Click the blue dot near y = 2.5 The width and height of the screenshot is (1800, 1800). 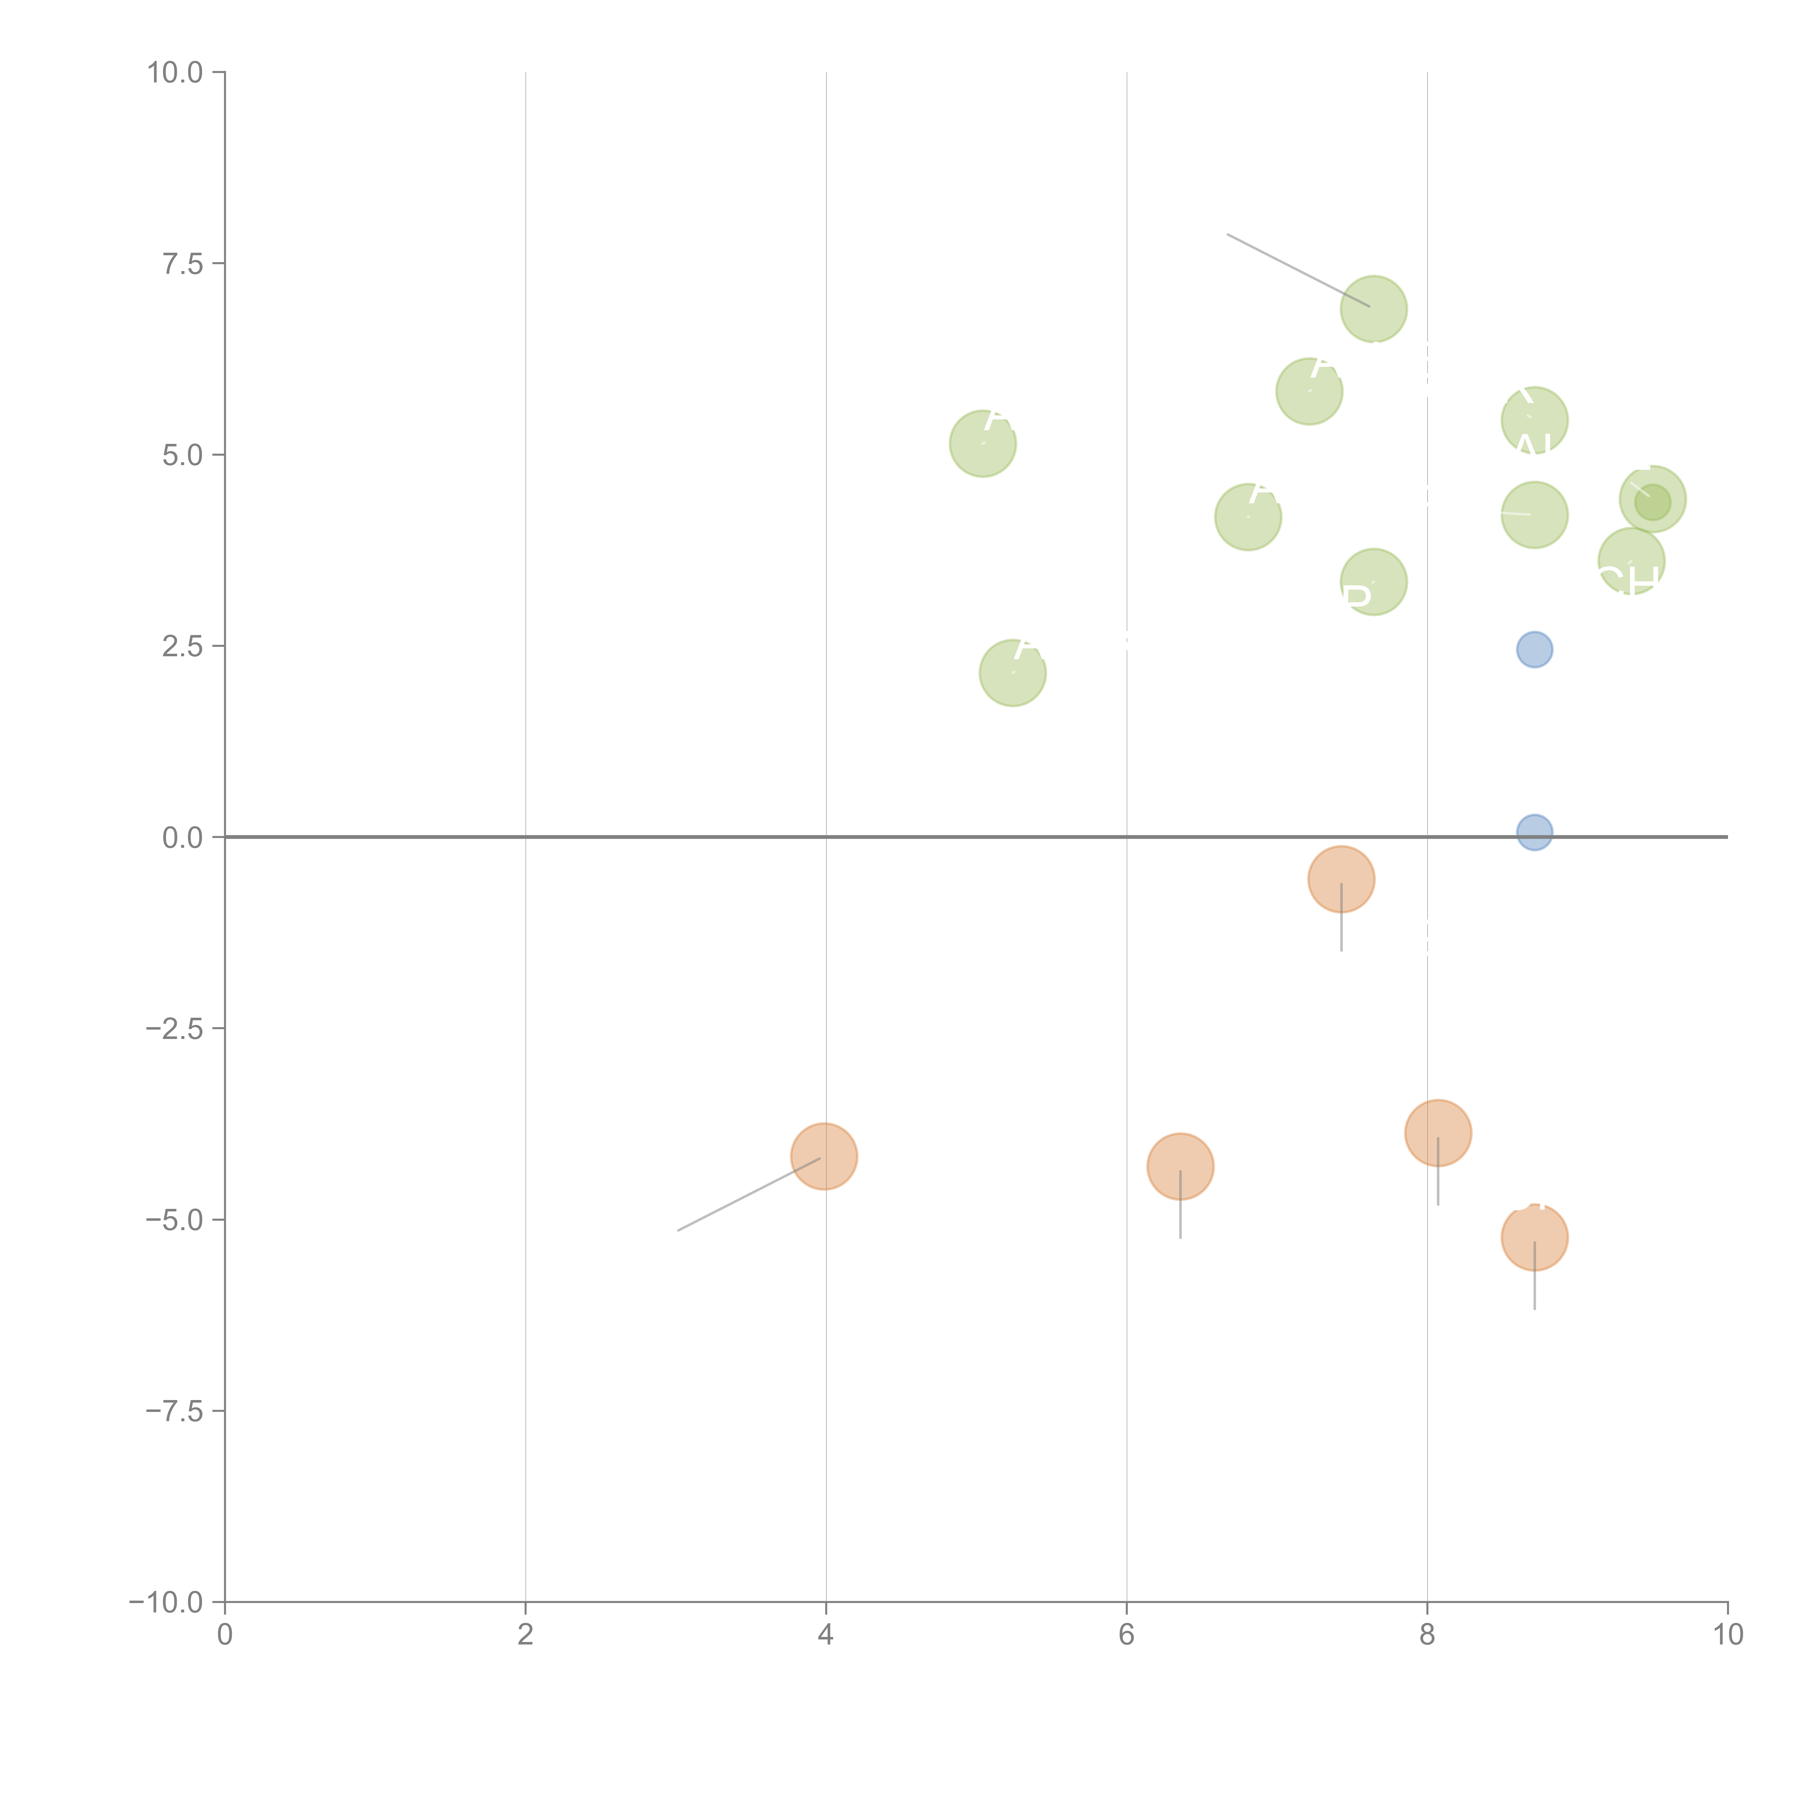click(x=1534, y=649)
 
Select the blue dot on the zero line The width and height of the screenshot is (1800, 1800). click(x=1534, y=832)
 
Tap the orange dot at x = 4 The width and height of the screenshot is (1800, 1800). click(x=824, y=1156)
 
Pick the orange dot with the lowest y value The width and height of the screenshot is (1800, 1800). click(x=1534, y=1237)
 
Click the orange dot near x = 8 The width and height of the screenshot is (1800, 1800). click(x=1437, y=1133)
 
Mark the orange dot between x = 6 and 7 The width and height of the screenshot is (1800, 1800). click(x=1180, y=1166)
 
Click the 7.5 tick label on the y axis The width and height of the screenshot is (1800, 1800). click(x=183, y=264)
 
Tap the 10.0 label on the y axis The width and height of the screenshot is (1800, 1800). click(x=175, y=73)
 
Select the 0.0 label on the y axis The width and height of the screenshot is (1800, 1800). click(x=183, y=838)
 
